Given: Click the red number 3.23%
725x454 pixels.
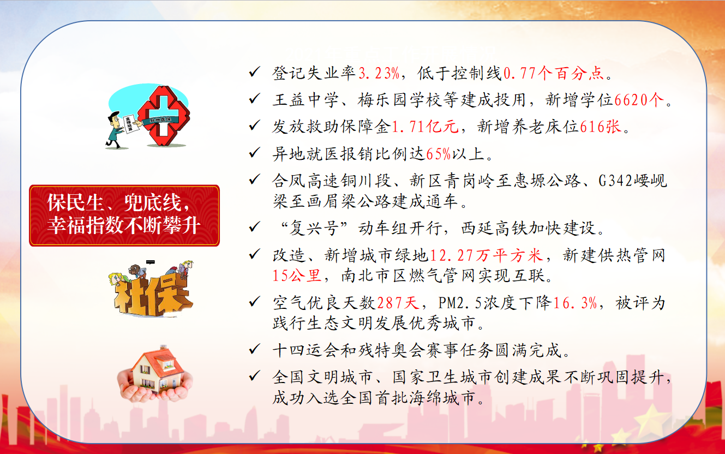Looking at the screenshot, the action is pos(379,73).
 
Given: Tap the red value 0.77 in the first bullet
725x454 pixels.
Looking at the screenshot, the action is pos(520,73).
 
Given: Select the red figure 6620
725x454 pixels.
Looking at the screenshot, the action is pos(631,100).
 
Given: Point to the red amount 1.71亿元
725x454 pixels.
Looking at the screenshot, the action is pos(425,126).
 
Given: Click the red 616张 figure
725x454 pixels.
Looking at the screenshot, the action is pos(601,126).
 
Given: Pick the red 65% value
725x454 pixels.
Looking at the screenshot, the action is pos(439,154).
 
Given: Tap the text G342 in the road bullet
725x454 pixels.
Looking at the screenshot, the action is pos(615,181).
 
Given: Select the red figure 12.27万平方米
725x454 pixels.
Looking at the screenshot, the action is pos(486,255).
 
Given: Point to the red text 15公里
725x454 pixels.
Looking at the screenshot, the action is pos(297,276).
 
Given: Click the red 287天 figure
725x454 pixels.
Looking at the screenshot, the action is pos(398,303).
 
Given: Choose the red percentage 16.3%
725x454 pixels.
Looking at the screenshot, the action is pos(575,303).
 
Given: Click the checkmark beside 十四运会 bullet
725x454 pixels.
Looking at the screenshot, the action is pos(254,349).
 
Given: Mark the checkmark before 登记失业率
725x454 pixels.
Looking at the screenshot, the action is pos(254,71).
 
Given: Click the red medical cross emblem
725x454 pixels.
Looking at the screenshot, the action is pos(164,116).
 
